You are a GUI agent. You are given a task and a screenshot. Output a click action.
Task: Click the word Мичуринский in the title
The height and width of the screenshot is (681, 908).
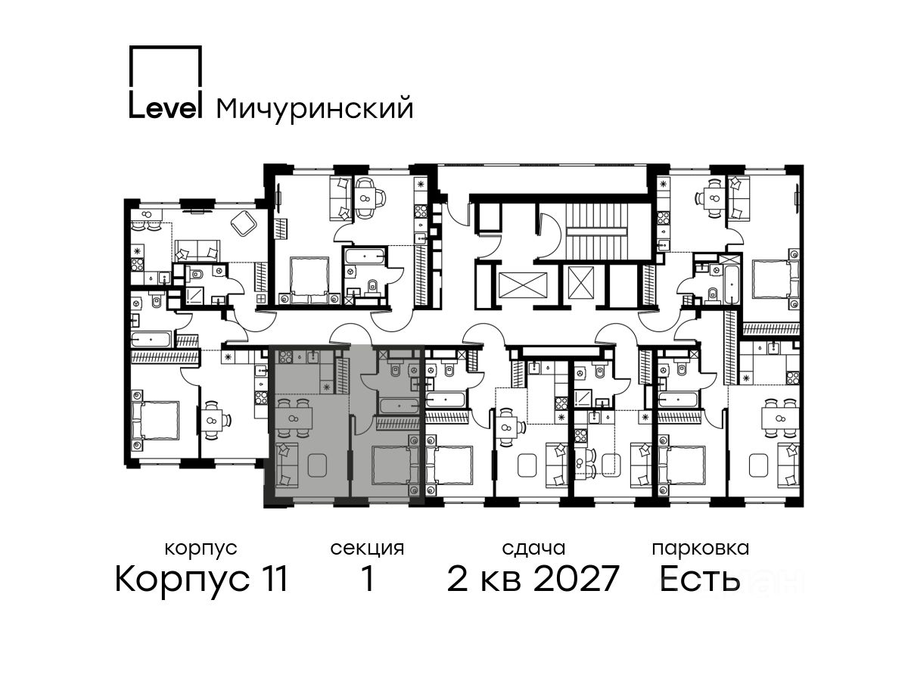point(314,109)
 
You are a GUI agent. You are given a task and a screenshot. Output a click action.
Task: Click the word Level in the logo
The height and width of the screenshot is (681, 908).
point(166,108)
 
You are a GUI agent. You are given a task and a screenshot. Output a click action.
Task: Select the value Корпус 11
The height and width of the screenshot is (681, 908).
point(201,580)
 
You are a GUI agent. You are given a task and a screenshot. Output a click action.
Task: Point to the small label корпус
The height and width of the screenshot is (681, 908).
point(201,549)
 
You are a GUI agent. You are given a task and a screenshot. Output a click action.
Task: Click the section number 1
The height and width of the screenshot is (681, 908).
point(367,579)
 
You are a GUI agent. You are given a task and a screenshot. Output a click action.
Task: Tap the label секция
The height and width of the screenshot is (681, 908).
point(367,549)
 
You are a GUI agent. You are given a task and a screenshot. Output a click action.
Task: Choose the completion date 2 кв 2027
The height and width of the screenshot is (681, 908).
point(533,579)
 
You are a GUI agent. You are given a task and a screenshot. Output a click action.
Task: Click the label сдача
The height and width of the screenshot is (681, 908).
point(533,549)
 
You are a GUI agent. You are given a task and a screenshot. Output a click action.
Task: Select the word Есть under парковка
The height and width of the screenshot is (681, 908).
point(699,579)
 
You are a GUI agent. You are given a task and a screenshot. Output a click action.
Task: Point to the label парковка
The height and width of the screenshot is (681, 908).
point(701,549)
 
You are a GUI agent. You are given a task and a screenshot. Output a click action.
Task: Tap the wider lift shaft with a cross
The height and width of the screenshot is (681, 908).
point(523,285)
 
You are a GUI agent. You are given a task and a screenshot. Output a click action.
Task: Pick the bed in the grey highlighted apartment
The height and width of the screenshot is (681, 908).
point(396,465)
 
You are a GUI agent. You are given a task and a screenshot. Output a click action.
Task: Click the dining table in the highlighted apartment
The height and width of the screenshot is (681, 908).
point(294,418)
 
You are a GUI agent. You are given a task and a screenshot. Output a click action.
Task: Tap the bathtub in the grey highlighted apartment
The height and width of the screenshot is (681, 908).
point(400,406)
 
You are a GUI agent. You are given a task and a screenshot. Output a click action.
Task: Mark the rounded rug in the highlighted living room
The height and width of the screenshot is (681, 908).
point(317,465)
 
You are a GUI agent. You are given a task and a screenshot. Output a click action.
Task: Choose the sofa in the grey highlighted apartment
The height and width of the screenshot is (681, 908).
point(286,465)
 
